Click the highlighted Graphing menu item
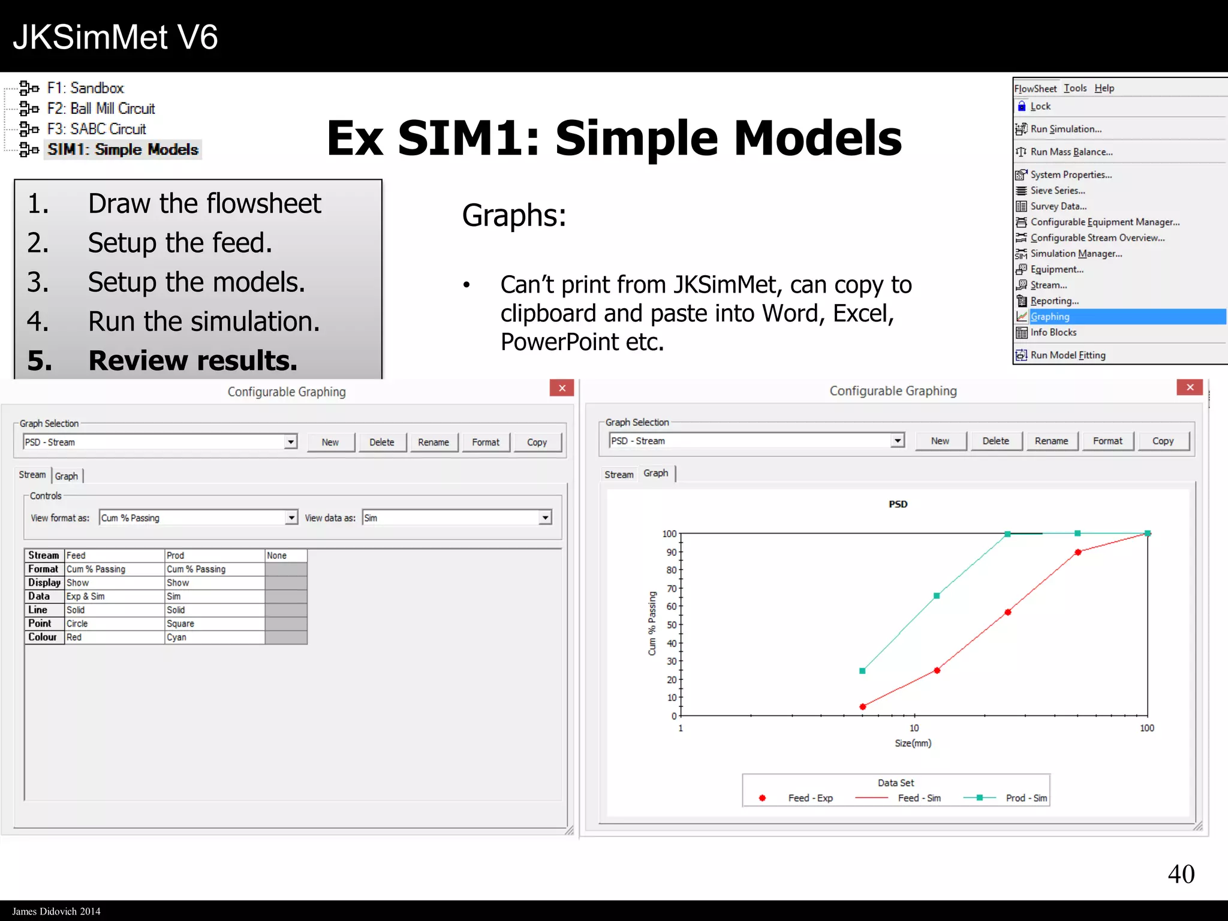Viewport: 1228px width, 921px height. [1050, 317]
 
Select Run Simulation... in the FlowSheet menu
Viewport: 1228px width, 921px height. [1066, 129]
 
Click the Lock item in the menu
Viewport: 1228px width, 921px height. [1040, 106]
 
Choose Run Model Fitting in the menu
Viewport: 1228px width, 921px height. [1067, 355]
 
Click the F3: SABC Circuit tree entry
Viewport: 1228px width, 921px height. [96, 129]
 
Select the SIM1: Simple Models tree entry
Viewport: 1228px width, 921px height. [122, 149]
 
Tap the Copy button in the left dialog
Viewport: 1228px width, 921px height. [537, 443]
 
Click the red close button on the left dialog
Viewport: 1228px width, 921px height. [562, 389]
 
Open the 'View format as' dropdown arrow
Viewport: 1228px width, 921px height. [291, 517]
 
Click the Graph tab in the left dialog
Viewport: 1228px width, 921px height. [67, 476]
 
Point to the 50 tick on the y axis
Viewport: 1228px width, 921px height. [672, 625]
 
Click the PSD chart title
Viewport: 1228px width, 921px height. [898, 504]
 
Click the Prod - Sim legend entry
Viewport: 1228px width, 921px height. [1026, 798]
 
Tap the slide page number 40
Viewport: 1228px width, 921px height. [1181, 874]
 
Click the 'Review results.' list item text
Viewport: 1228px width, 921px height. [192, 360]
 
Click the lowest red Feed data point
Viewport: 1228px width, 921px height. [863, 707]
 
